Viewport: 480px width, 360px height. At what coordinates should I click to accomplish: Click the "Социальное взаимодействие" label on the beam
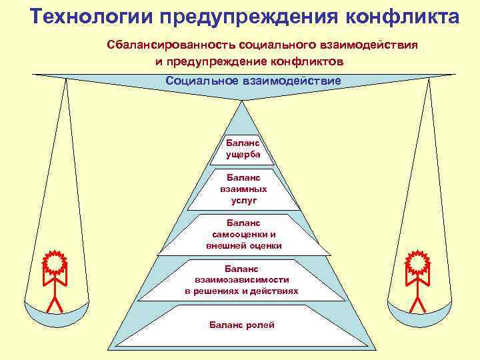coord(253,80)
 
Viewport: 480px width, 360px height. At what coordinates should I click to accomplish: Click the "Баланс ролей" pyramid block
coord(241,325)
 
